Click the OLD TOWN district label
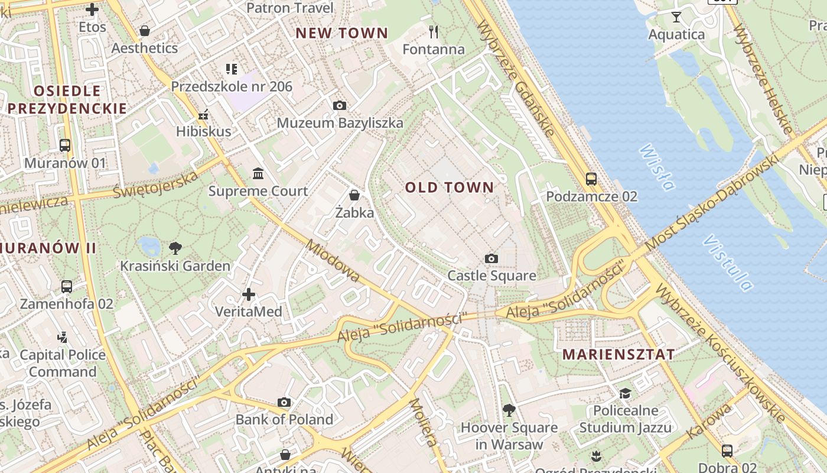coord(449,187)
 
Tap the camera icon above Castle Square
coord(491,258)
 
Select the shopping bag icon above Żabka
coord(354,195)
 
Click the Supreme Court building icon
coord(258,174)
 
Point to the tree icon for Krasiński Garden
coord(175,248)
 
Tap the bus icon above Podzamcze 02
coord(591,179)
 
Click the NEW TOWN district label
coord(341,33)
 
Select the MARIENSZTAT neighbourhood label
coord(618,355)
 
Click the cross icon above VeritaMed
coord(249,294)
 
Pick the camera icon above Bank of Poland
coord(284,402)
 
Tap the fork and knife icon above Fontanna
coord(434,31)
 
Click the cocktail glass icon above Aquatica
coord(676,17)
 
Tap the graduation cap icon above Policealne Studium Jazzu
coord(624,393)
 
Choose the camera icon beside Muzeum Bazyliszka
coord(340,105)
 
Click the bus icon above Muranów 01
coord(65,145)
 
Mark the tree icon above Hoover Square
coord(509,410)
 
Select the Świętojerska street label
coord(155,184)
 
